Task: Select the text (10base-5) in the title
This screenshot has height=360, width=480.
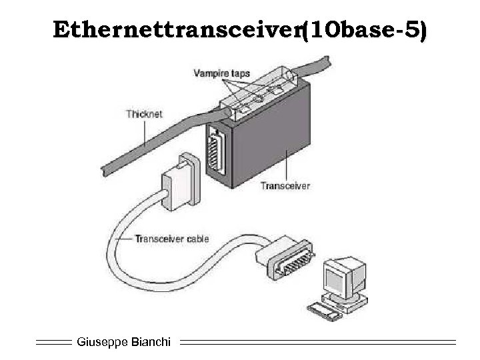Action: click(363, 30)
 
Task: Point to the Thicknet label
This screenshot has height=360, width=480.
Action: click(143, 114)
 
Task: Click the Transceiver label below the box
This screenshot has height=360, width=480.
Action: click(286, 186)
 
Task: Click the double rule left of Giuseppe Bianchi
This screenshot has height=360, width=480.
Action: click(53, 342)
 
